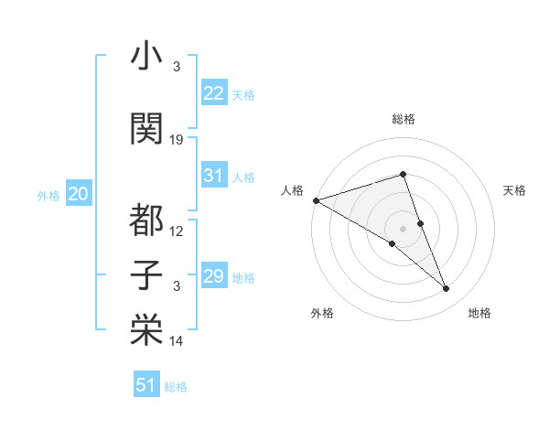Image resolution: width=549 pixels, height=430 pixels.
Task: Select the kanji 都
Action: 146,220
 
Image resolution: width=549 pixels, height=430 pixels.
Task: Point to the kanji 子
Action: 146,275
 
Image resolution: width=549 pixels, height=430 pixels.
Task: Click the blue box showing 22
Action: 214,93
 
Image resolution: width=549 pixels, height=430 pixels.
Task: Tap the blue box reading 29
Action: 214,276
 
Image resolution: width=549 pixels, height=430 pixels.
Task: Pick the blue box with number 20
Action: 79,194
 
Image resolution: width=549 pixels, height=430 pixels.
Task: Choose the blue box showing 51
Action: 146,385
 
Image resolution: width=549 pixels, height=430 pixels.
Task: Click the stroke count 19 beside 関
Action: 178,140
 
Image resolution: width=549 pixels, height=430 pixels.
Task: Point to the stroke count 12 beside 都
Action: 178,231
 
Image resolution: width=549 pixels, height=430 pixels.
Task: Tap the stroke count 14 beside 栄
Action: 178,341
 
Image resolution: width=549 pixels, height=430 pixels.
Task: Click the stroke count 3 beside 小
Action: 178,67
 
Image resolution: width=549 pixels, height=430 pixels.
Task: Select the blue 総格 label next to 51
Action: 176,387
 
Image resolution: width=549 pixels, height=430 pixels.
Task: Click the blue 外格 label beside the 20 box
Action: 48,196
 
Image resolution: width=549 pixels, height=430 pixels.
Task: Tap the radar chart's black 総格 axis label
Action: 403,119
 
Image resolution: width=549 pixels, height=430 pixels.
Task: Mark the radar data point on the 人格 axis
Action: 316,200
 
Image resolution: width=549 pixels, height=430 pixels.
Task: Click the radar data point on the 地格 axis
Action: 447,289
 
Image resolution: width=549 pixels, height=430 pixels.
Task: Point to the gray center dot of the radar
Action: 403,228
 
